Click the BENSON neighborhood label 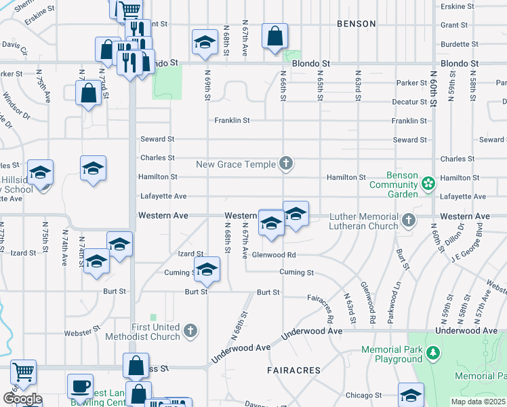(356, 24)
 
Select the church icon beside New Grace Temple (287, 163)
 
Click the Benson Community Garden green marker (428, 183)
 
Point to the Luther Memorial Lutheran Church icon (408, 220)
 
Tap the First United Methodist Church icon (191, 330)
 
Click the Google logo (22, 399)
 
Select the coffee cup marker (80, 387)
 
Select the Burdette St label (460, 44)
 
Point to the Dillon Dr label (455, 235)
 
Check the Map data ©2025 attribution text (479, 402)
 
